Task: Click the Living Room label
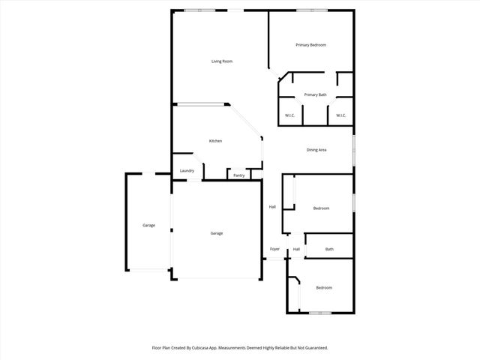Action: point(221,61)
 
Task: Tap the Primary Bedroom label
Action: point(310,45)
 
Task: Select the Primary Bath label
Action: point(315,94)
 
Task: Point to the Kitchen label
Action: point(215,141)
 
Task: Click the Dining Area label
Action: point(316,150)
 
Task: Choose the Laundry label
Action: point(187,170)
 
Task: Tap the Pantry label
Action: point(239,175)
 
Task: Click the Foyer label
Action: point(274,249)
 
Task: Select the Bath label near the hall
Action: point(329,249)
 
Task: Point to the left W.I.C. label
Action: point(289,115)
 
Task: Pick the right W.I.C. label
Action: point(340,115)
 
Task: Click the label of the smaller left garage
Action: point(149,225)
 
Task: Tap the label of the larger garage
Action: point(216,233)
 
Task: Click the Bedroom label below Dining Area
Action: point(321,208)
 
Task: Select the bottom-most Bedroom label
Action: point(324,288)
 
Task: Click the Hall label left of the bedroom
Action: point(272,207)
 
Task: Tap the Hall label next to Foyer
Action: point(296,249)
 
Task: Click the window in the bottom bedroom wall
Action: point(320,313)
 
